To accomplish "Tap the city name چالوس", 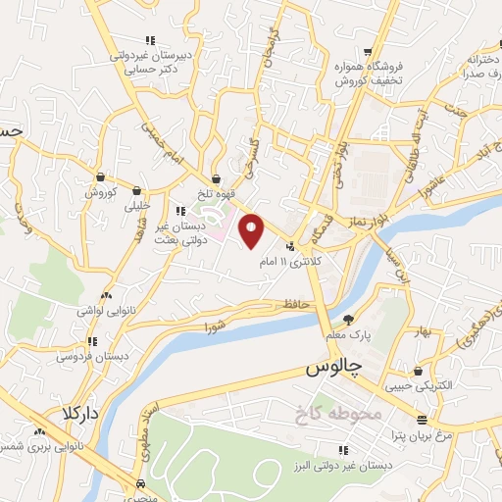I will [327, 369].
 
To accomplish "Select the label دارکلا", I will [80, 412].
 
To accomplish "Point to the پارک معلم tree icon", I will [348, 319].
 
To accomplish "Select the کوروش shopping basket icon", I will [100, 176].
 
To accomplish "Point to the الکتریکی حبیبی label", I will [422, 387].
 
